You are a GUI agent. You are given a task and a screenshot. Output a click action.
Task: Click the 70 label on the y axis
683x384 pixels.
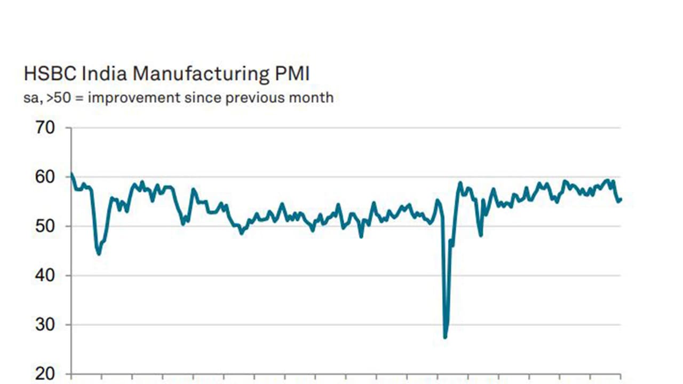point(45,128)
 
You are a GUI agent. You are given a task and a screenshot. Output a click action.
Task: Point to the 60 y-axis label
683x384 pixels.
point(45,177)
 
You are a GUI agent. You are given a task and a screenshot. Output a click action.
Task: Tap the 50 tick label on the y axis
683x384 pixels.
point(45,226)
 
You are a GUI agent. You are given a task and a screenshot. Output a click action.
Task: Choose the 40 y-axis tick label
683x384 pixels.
point(45,275)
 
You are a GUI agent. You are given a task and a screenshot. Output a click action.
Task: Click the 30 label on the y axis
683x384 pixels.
point(45,324)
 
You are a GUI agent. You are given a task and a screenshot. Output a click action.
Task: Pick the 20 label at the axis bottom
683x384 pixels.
point(45,373)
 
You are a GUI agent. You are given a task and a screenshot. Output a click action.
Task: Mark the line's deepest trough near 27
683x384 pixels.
point(445,337)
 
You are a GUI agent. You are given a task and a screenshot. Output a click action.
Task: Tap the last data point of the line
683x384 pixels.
point(621,199)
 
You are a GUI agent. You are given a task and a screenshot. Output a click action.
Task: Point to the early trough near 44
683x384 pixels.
point(99,253)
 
